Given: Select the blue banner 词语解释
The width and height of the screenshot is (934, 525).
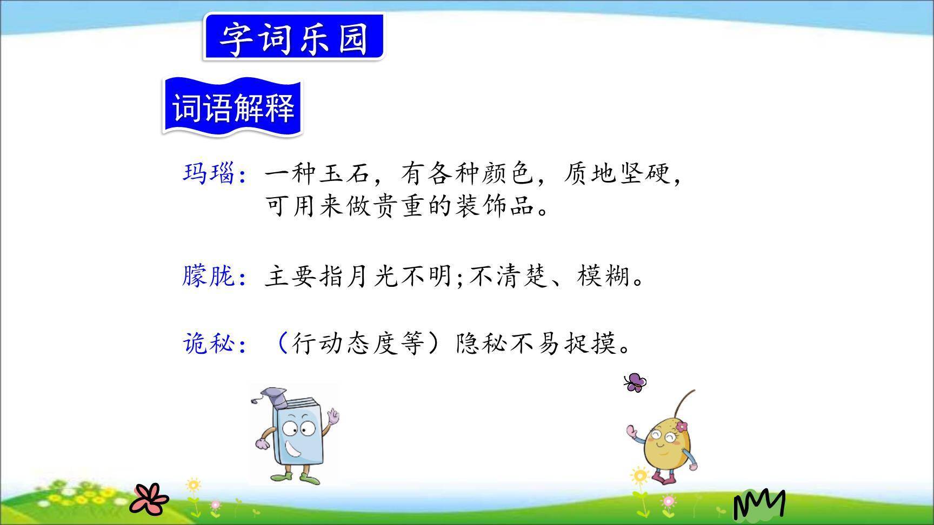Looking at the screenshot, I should click(233, 107).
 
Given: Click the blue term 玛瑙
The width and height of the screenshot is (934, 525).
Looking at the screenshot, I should click(209, 174).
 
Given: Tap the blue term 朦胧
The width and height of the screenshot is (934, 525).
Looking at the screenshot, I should click(209, 277).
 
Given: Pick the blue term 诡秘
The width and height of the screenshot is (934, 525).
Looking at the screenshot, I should click(209, 343).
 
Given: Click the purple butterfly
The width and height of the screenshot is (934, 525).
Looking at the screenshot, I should click(635, 382).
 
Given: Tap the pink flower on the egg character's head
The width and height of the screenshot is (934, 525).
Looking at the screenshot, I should click(682, 427).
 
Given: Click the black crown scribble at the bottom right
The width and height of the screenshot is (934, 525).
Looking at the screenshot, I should click(759, 503).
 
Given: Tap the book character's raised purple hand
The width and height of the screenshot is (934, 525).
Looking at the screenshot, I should click(333, 416).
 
